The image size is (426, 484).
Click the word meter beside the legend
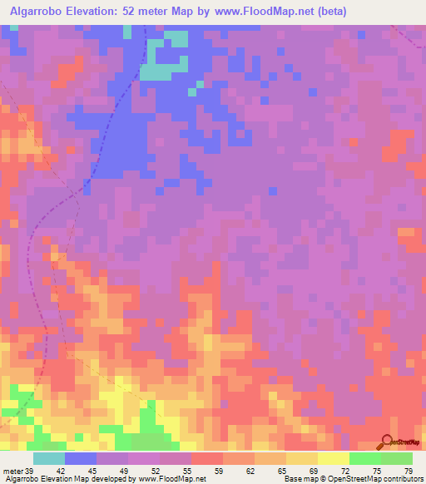coord(12,472)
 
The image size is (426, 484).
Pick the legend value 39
coord(31,472)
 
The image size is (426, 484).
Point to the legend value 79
coord(407,472)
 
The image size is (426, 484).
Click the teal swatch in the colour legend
coord(49,458)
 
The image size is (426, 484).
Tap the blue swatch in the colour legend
coord(81,458)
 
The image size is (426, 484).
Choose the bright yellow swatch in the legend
coord(334,458)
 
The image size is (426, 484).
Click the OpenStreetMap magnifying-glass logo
coord(386,442)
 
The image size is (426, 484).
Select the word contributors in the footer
coord(403,480)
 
